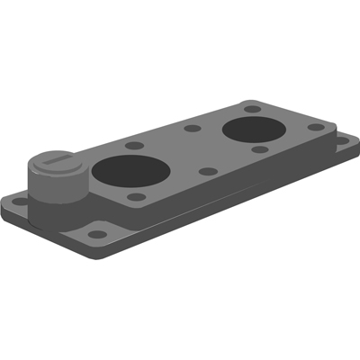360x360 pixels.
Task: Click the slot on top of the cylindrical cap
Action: tap(56, 161)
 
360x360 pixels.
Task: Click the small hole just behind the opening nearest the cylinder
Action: tap(133, 144)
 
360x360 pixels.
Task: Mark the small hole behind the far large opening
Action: tap(252, 108)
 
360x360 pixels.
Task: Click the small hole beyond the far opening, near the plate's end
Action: tap(315, 127)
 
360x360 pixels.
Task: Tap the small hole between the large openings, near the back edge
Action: tap(192, 128)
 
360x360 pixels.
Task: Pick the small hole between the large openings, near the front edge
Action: tap(207, 171)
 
